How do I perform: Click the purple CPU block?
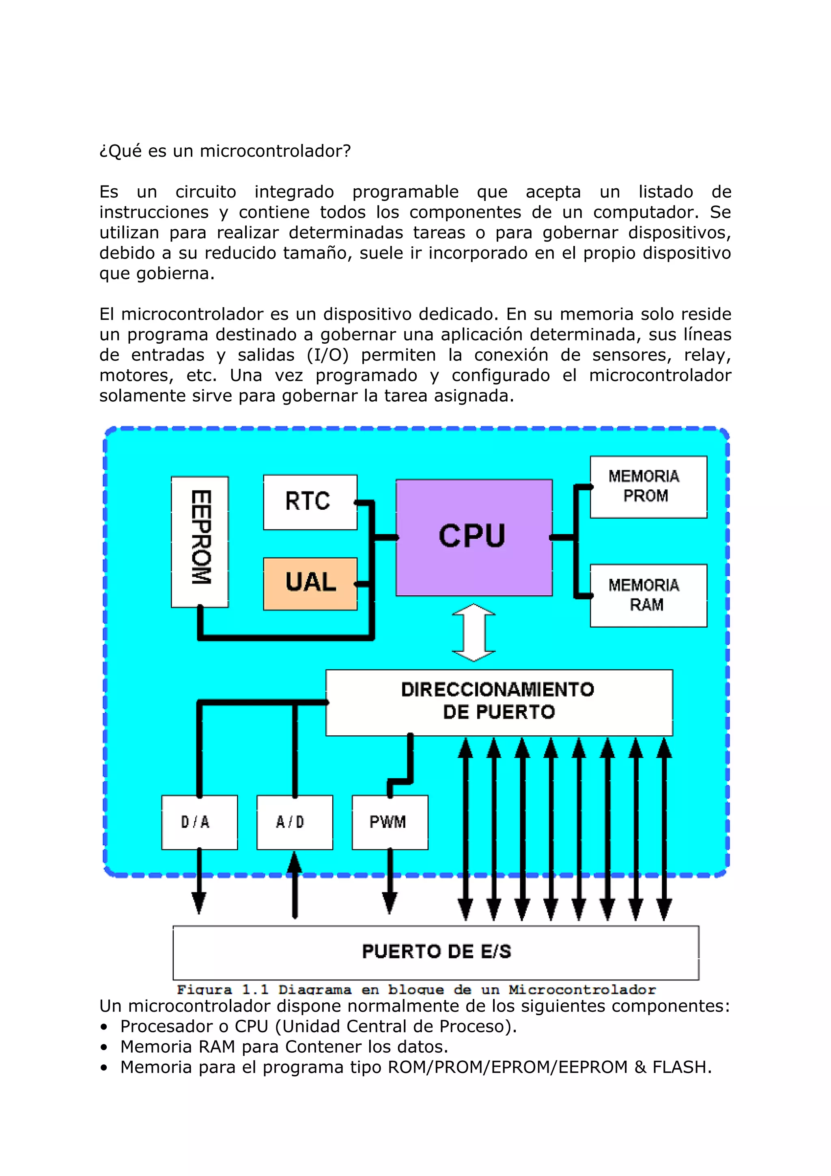[x=474, y=537]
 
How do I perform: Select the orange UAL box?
[x=310, y=584]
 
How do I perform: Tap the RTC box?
[x=310, y=502]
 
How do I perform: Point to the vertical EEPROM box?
[x=200, y=542]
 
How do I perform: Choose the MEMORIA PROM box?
[x=648, y=487]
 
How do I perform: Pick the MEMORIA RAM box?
[x=648, y=595]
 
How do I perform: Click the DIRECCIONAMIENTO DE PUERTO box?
[x=499, y=702]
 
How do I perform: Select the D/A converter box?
[x=199, y=822]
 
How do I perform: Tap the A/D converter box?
[x=295, y=822]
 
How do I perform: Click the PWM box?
[x=390, y=822]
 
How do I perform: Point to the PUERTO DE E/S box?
[x=436, y=952]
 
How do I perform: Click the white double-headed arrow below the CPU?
[x=474, y=633]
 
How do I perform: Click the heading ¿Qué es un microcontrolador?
[x=225, y=151]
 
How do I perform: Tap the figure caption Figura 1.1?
[x=416, y=990]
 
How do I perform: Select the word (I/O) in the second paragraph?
[x=328, y=355]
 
